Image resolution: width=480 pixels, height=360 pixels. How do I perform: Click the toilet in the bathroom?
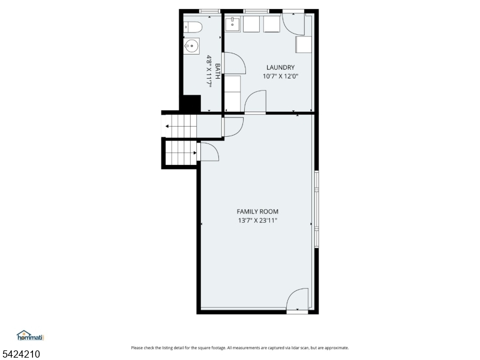[193, 27]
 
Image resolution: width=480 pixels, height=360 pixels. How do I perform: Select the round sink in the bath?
[191, 46]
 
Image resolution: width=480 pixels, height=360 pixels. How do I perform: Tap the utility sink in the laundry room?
[233, 24]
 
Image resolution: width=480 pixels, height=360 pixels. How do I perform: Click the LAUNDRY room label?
[280, 67]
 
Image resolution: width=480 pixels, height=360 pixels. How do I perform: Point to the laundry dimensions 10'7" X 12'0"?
[280, 76]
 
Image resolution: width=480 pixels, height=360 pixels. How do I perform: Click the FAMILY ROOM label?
[257, 212]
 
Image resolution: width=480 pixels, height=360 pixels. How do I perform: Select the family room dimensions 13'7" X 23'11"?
[257, 220]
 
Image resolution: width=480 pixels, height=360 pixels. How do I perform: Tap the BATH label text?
[217, 71]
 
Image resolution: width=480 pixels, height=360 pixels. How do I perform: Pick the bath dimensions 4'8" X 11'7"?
[209, 72]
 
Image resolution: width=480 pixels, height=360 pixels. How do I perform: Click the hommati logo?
[31, 335]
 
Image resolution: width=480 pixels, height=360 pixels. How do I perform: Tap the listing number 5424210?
[20, 354]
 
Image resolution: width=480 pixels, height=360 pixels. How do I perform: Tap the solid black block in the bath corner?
[191, 103]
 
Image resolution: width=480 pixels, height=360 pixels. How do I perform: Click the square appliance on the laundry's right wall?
[304, 44]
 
